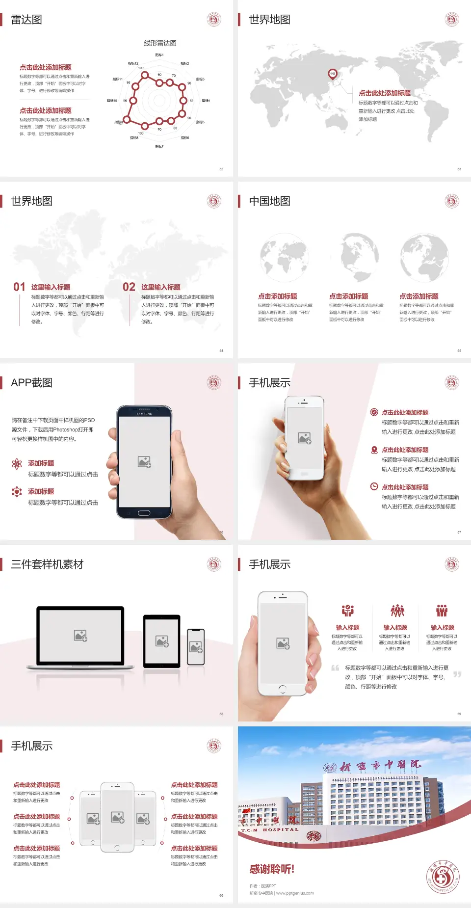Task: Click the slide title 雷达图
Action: click(26, 20)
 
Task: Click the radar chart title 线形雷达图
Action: click(160, 43)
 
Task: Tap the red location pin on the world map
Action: click(332, 74)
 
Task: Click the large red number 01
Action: click(19, 287)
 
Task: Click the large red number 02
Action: click(129, 287)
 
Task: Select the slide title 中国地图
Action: click(269, 201)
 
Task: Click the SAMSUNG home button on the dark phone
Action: click(144, 513)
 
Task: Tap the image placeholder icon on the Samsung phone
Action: click(144, 462)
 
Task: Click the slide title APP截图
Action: click(31, 383)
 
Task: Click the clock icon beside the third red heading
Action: click(374, 486)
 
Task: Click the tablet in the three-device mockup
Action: click(162, 641)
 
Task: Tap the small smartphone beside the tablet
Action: click(196, 647)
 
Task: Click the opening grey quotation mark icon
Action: click(335, 668)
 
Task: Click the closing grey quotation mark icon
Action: click(457, 674)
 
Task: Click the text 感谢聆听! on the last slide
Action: click(272, 870)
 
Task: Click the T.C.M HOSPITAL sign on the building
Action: click(270, 830)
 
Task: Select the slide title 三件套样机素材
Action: click(47, 564)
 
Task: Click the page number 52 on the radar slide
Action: click(221, 169)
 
